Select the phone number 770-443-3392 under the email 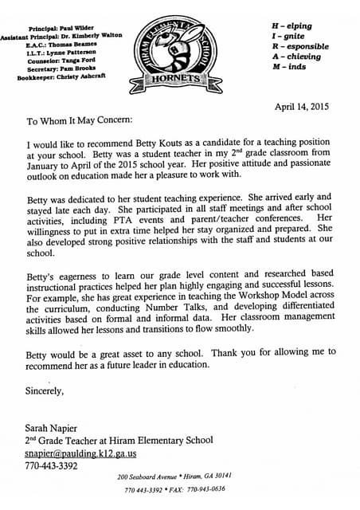pyautogui.click(x=51, y=465)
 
